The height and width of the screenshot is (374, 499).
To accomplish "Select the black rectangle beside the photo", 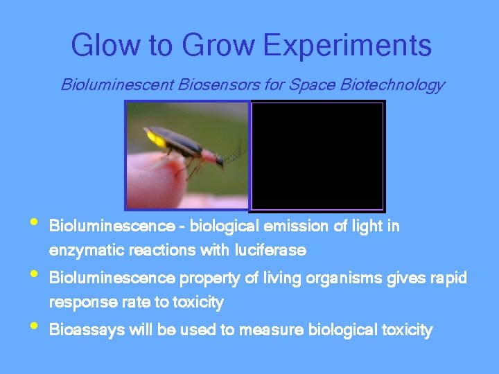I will pyautogui.click(x=317, y=156).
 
